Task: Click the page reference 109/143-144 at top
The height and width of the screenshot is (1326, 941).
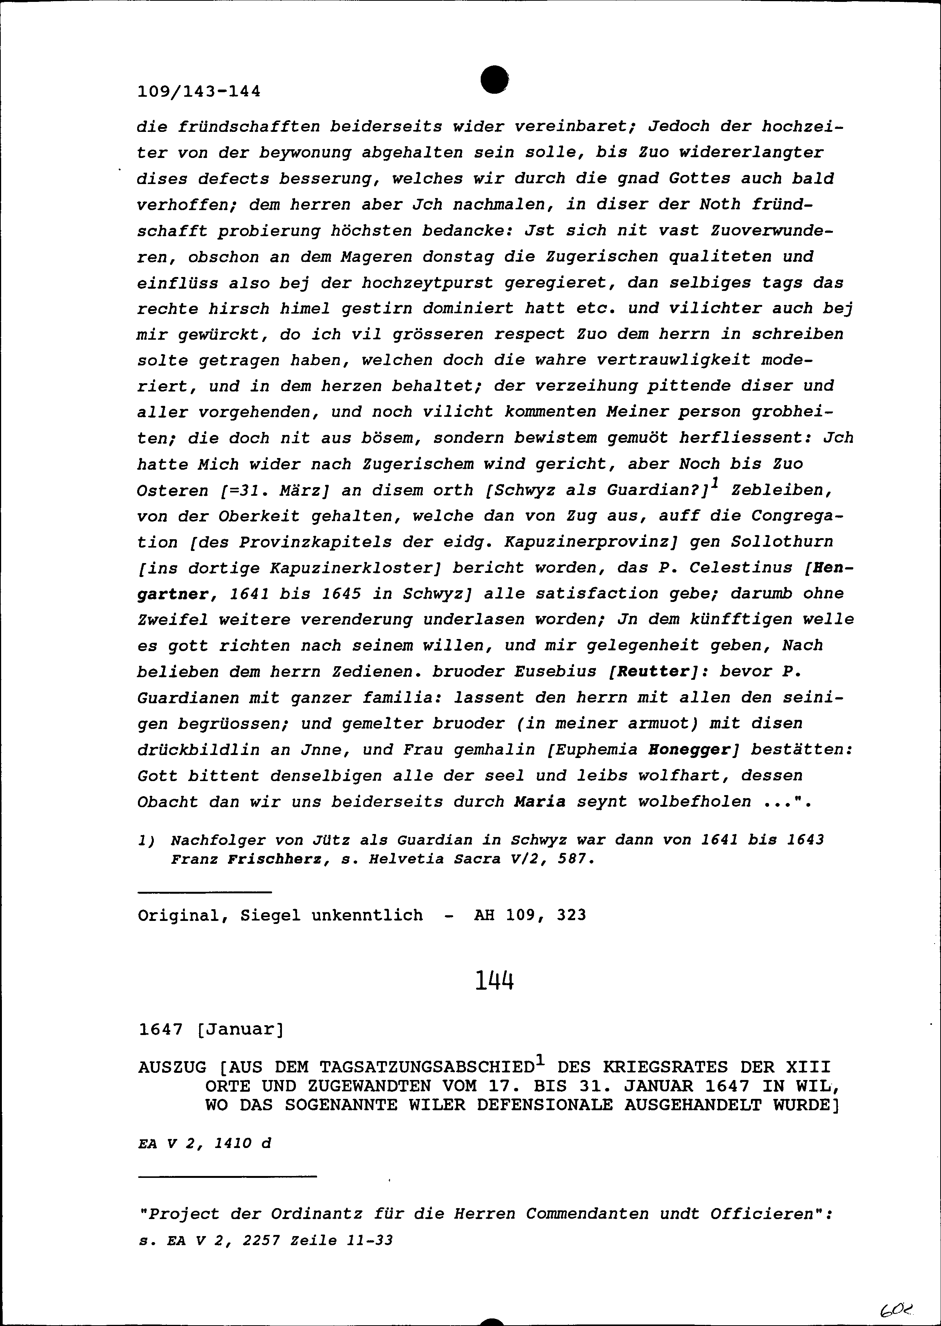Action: pyautogui.click(x=199, y=91)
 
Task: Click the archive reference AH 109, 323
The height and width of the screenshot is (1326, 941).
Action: pyautogui.click(x=529, y=915)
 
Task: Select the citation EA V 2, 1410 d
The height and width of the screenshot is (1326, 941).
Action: pyautogui.click(x=204, y=1143)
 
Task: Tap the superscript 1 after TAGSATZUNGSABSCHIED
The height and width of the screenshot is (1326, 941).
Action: pyautogui.click(x=539, y=1061)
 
